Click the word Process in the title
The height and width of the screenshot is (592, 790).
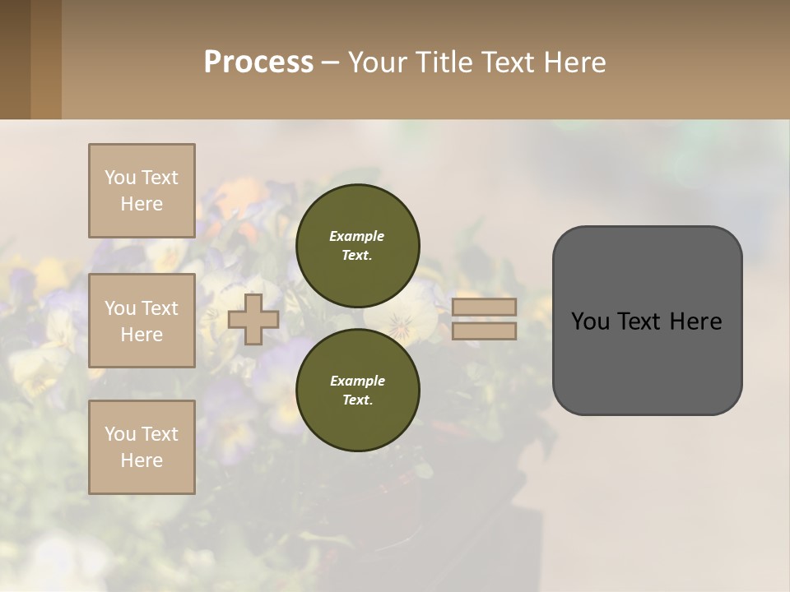[x=258, y=62]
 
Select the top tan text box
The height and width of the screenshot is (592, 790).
[x=142, y=191]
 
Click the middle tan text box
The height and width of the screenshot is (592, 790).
[x=142, y=321]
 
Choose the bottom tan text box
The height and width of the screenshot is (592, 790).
[x=142, y=447]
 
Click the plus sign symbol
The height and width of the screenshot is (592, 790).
[x=253, y=320]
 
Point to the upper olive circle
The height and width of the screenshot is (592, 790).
[x=358, y=246]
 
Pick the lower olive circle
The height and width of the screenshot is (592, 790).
[x=358, y=391]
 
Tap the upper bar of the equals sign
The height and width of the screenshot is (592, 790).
[x=484, y=308]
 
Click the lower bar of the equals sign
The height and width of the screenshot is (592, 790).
[x=484, y=331]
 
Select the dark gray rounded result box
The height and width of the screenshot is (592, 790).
[x=647, y=321]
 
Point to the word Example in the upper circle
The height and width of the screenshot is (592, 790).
[x=356, y=236]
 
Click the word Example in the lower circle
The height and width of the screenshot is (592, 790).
[x=357, y=381]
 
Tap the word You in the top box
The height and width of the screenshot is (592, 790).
[x=120, y=178]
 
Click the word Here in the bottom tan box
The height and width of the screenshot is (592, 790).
[x=142, y=460]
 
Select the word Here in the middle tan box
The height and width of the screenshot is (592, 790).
[x=142, y=335]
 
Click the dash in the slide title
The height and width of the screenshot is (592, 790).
[x=330, y=62]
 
